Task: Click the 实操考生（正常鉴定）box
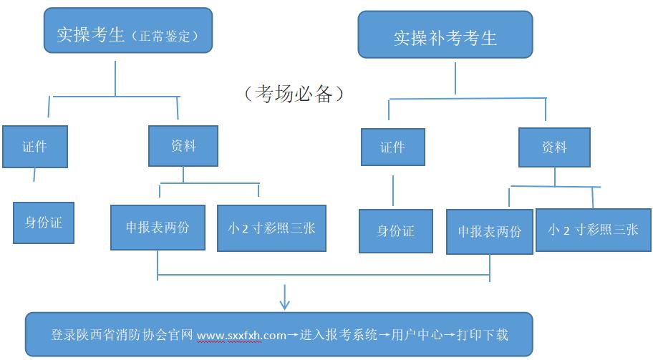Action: [x=128, y=30]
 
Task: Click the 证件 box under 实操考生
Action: [x=34, y=147]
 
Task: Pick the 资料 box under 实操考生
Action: [x=183, y=146]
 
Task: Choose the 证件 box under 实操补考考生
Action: [x=392, y=147]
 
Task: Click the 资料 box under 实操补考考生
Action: [x=554, y=147]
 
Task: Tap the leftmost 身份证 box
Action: [x=44, y=222]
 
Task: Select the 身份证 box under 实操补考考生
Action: [x=395, y=230]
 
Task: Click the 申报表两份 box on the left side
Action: [x=158, y=228]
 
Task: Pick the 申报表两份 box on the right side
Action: [x=489, y=231]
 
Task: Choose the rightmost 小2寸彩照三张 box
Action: [x=593, y=230]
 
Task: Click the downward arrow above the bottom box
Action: [x=284, y=297]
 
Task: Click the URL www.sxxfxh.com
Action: [x=241, y=334]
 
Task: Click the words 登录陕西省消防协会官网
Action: [x=122, y=334]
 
